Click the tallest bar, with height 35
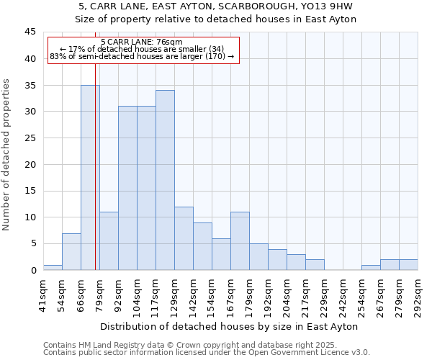(x=90, y=177)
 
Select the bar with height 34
(x=165, y=180)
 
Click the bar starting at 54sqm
(x=71, y=251)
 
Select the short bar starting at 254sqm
(x=371, y=267)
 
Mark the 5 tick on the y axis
(x=32, y=243)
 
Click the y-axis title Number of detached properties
(x=7, y=155)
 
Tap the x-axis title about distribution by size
(x=229, y=326)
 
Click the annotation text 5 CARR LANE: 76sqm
(x=142, y=42)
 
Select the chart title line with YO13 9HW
(x=216, y=6)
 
